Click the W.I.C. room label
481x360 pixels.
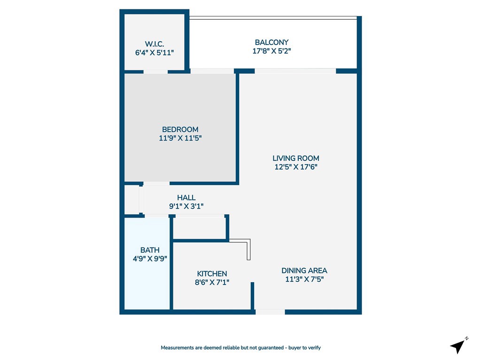point(155,44)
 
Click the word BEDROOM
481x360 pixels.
point(180,129)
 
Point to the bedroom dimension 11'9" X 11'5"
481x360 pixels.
point(180,138)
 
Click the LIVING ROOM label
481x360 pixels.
point(296,158)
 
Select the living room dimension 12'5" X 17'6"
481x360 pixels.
point(296,167)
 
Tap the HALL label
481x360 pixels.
point(186,198)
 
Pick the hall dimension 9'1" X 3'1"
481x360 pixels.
point(186,206)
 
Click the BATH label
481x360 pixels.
point(150,250)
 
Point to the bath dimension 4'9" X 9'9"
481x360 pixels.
point(150,258)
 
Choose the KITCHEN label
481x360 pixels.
point(212,274)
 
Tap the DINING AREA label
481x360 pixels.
point(304,270)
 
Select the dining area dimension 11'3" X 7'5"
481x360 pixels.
point(304,279)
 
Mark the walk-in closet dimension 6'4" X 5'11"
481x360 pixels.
point(155,52)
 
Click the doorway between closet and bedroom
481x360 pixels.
point(155,72)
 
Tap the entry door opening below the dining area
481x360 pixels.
point(270,312)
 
